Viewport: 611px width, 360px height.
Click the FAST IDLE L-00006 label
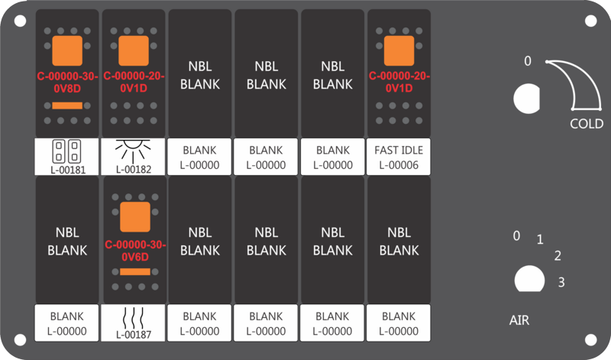pos(398,157)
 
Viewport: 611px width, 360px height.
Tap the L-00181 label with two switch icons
pos(66,157)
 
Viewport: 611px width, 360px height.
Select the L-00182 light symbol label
pos(133,157)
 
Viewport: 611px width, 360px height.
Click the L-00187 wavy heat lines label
pos(133,323)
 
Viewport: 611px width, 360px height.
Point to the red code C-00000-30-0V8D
pos(67,83)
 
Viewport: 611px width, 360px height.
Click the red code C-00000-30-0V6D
pos(135,251)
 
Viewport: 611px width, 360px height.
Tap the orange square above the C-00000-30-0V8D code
pos(67,50)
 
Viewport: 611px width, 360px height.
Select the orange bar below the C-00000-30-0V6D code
pos(135,271)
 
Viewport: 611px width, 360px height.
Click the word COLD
pos(587,124)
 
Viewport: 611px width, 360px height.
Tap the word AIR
pos(519,320)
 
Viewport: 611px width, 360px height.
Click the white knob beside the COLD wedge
pos(526,99)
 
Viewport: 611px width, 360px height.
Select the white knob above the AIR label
pos(529,279)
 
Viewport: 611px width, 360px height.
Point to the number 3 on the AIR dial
pos(561,282)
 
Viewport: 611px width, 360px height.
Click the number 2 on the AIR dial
pos(558,256)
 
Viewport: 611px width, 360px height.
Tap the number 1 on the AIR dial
pos(540,239)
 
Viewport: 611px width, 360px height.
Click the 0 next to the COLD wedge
pos(527,61)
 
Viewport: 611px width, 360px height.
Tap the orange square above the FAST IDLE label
pos(399,50)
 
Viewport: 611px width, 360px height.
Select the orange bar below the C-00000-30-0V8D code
pos(67,105)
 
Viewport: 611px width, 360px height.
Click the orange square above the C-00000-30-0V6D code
pos(135,217)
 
